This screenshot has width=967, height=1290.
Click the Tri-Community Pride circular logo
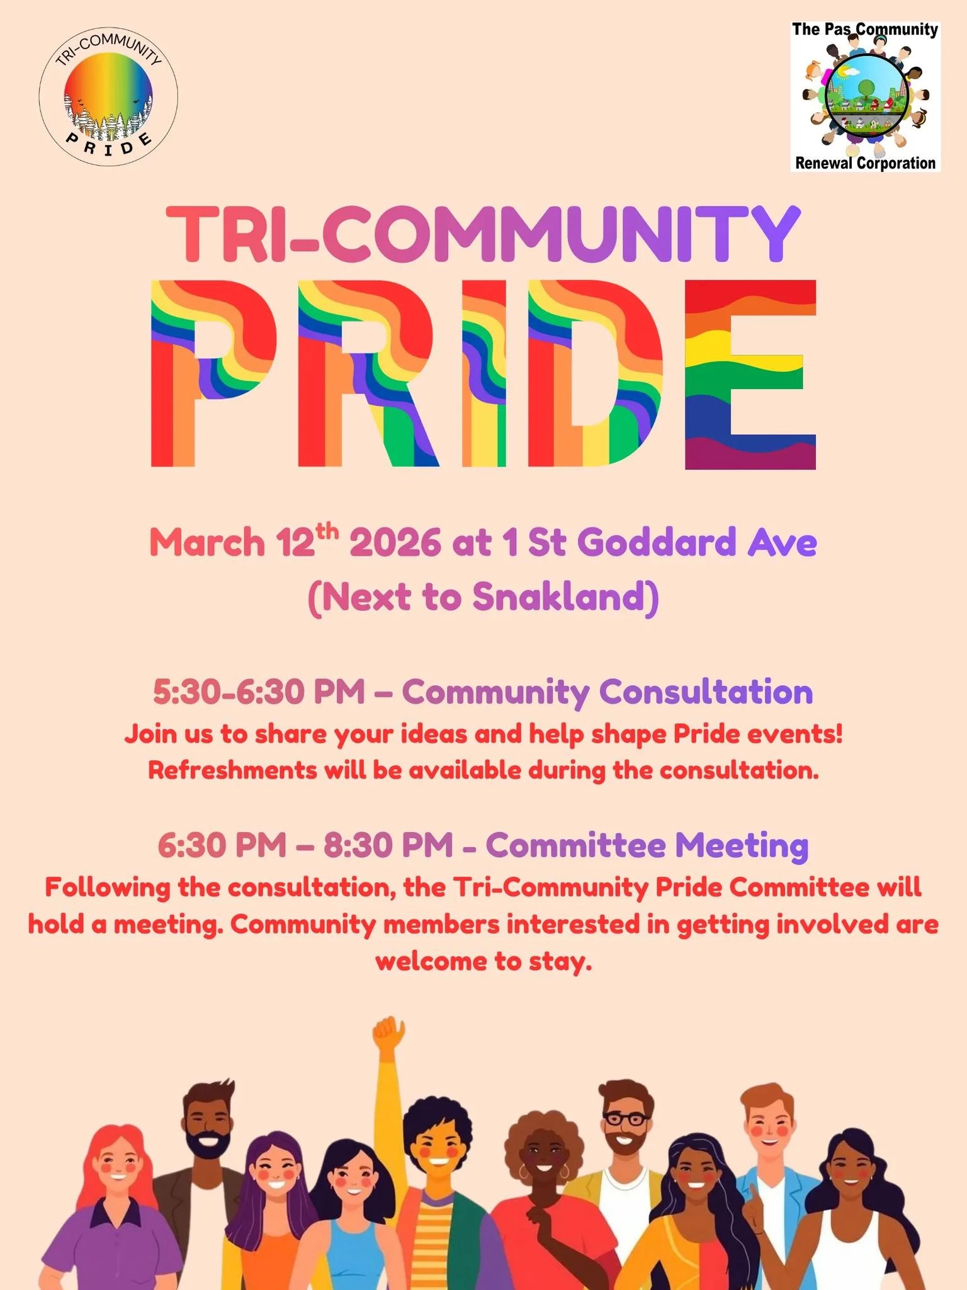108,96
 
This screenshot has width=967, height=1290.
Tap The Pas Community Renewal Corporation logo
866,96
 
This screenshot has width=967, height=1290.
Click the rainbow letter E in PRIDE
750,375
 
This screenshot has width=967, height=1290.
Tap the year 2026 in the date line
395,542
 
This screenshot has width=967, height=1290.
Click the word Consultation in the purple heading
706,692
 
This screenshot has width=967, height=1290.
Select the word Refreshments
232,770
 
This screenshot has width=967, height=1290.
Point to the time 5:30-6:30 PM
259,692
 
